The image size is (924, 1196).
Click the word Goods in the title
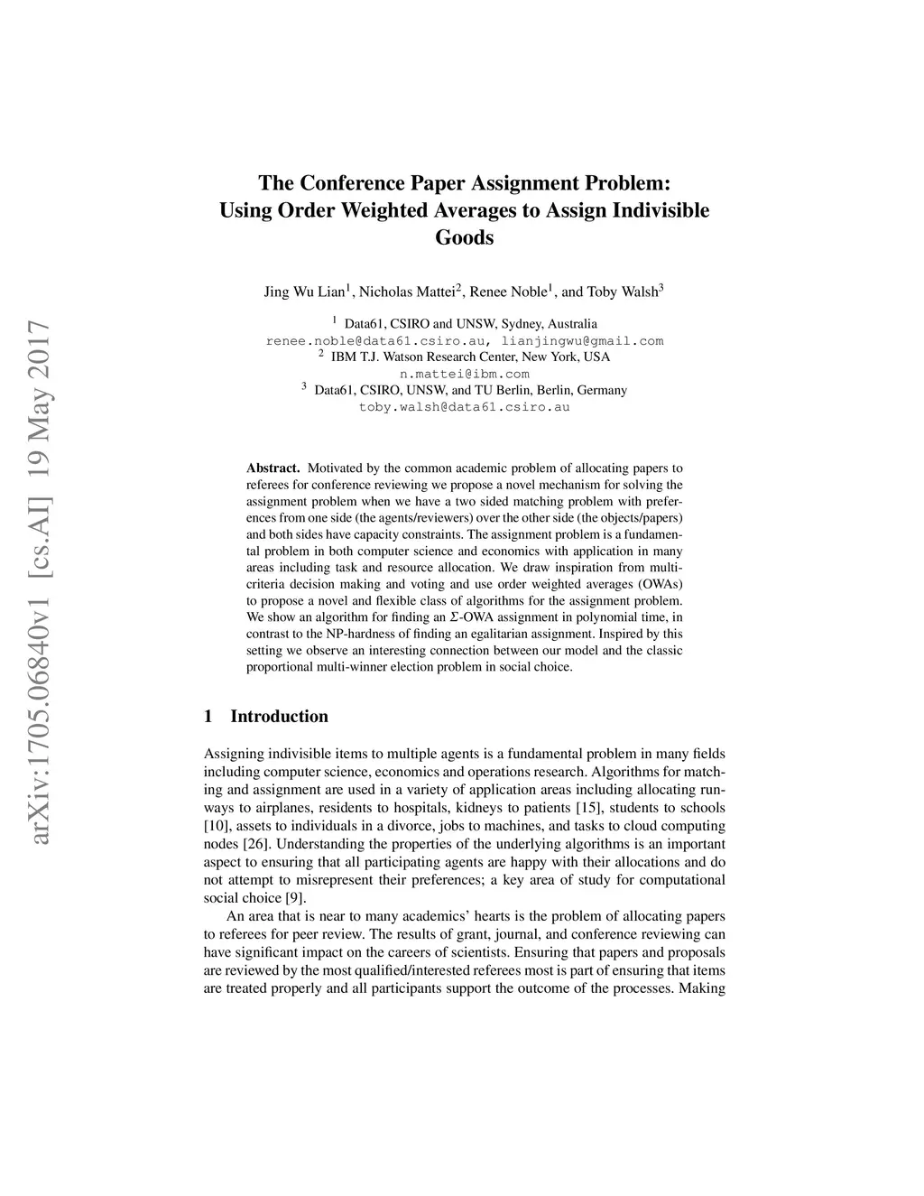click(x=465, y=238)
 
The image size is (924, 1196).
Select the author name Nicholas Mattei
click(x=409, y=292)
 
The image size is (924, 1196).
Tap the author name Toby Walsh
click(x=624, y=292)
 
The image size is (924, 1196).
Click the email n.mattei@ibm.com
click(x=465, y=374)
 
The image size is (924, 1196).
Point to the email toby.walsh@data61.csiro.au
click(x=465, y=407)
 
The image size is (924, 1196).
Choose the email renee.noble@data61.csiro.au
click(x=379, y=341)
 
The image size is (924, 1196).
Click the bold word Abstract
click(x=273, y=468)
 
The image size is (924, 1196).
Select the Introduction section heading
click(x=279, y=717)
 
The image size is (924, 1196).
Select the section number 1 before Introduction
click(x=208, y=717)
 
